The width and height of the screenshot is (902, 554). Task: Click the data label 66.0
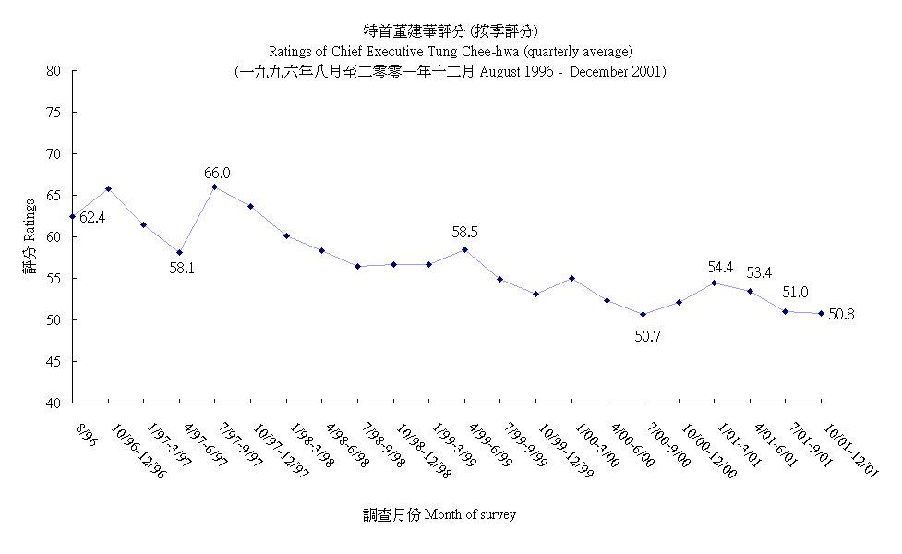coord(218,173)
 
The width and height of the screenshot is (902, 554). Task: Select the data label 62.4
coord(92,218)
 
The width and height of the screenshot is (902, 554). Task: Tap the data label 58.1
coord(184,269)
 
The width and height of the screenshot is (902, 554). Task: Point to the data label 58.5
coord(465,233)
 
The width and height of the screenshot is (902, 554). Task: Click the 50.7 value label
coord(647,337)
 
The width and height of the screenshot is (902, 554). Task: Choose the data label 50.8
coord(841,314)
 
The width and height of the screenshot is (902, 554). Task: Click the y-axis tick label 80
coord(54,71)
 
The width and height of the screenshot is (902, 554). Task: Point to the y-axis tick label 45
coord(54,362)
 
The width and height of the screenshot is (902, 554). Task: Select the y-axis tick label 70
coord(54,154)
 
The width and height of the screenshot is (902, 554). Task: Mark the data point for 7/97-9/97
coord(215,187)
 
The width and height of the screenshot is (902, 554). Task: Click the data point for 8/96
coord(73,217)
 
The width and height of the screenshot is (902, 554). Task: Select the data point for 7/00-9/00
coord(643,315)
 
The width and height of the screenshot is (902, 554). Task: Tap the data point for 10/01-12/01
coord(821,313)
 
